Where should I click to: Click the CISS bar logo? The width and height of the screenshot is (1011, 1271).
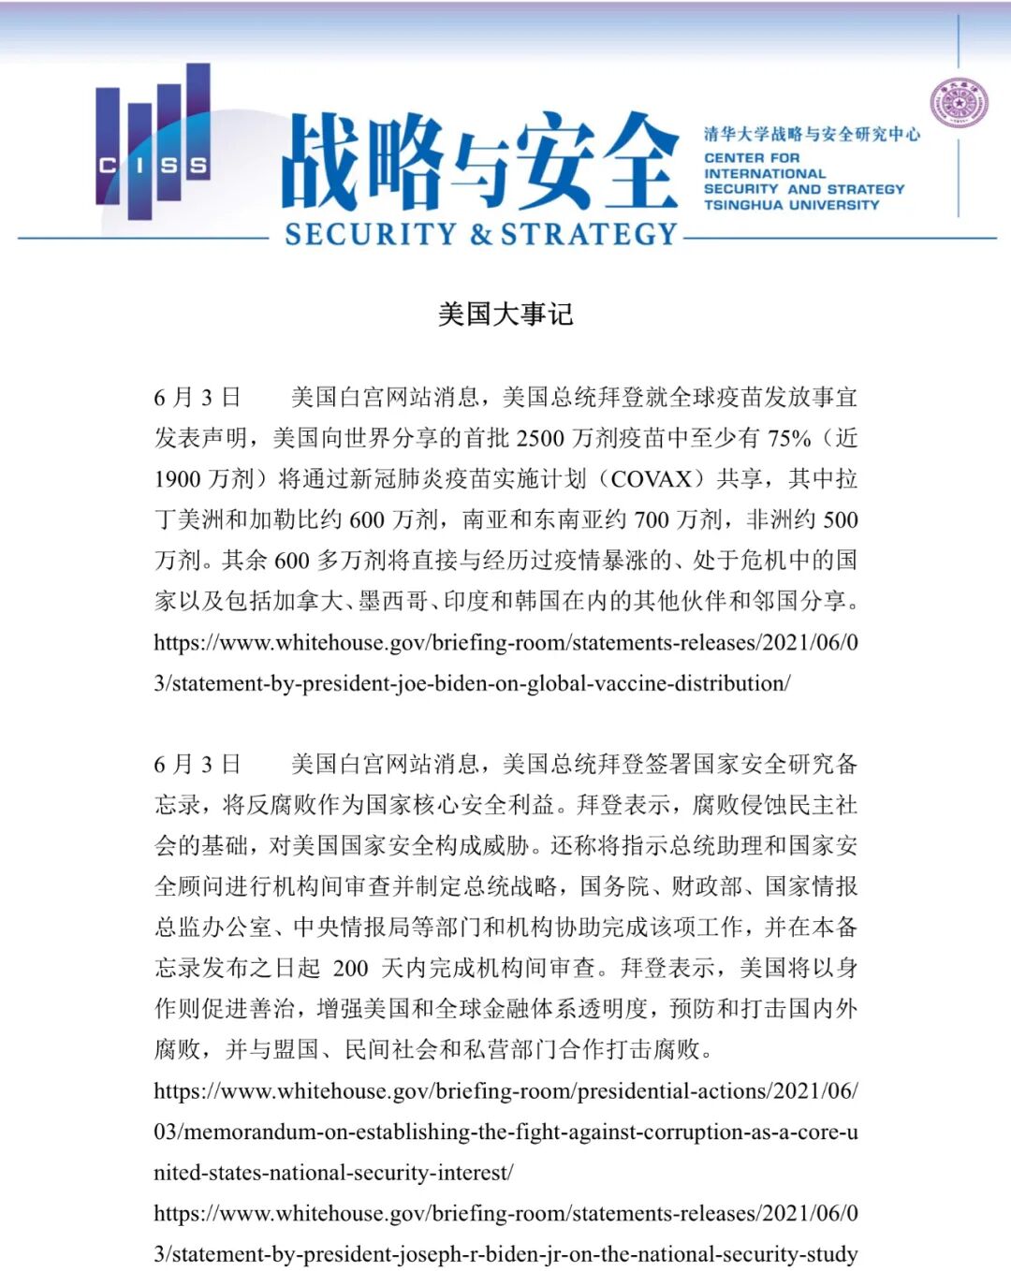tap(153, 140)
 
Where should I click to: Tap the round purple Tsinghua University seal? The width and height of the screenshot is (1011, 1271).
tap(959, 103)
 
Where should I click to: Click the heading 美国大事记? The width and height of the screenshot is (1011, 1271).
tap(505, 314)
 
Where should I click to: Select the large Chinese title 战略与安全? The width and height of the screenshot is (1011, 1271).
tap(479, 161)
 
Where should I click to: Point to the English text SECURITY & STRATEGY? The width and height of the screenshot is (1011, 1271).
tap(480, 233)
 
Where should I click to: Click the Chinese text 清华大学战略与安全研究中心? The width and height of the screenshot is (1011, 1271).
tap(812, 134)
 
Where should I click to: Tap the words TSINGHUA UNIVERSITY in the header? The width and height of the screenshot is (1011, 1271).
tap(791, 205)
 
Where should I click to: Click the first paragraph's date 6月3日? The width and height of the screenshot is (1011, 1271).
tap(198, 397)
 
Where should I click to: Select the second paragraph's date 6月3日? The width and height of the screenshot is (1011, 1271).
tap(198, 764)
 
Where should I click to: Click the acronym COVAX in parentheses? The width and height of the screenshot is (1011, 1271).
tap(651, 478)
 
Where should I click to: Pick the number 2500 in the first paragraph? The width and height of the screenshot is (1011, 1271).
tap(541, 438)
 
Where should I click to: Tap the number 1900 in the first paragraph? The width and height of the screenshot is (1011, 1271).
tap(178, 478)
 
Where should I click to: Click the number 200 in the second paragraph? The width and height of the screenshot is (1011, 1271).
tap(351, 968)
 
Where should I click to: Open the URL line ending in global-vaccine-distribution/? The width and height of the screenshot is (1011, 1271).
tap(472, 683)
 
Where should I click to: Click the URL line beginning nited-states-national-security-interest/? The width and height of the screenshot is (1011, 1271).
tap(333, 1172)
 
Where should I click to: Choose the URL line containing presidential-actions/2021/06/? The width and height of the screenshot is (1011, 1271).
tap(505, 1090)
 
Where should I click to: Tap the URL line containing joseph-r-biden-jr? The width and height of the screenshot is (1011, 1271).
tap(505, 1254)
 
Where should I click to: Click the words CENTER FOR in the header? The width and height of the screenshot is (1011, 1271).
tap(752, 158)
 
